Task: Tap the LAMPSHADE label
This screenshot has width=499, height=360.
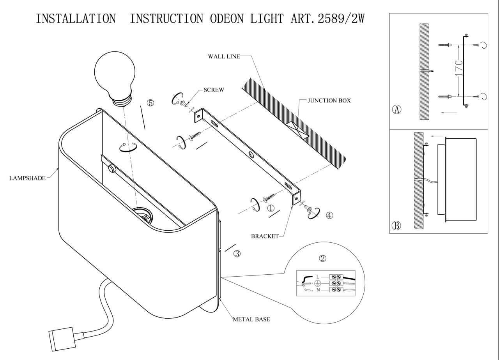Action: pos(27,178)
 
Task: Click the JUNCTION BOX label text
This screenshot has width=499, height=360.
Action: pos(329,101)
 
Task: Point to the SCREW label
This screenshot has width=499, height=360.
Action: pos(214,90)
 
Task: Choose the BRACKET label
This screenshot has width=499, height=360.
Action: pos(265,236)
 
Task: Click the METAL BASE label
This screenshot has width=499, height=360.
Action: pos(251,319)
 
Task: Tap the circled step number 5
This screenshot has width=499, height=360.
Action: pos(150,103)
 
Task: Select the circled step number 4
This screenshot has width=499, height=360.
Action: pos(329,215)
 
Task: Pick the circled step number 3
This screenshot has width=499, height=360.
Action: pos(237,254)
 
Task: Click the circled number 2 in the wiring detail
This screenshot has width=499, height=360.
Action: pos(322,258)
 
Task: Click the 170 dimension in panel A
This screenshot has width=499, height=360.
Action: pos(459,68)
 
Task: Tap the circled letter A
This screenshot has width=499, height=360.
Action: pos(396,109)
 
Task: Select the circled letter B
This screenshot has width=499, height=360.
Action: pos(396,225)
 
